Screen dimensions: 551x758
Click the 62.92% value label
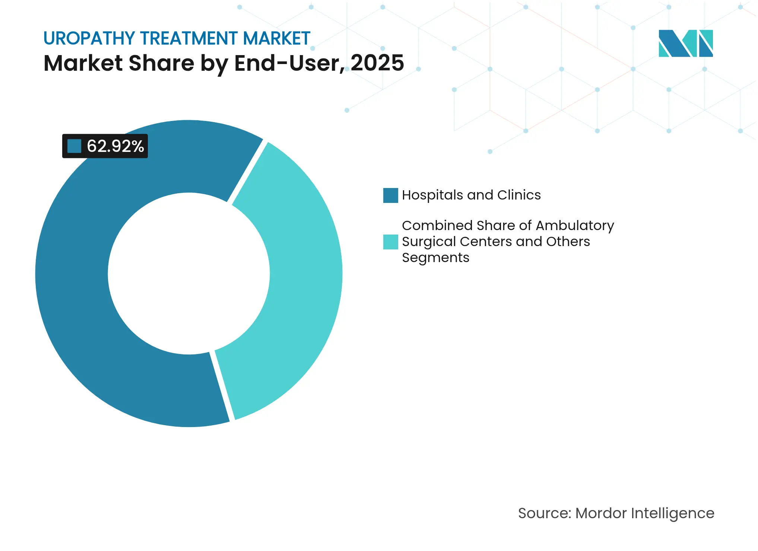[115, 146]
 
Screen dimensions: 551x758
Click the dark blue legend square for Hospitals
[390, 195]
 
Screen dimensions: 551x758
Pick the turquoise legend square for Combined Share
[390, 242]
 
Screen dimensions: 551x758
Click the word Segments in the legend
[435, 258]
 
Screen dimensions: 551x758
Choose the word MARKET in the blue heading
[276, 38]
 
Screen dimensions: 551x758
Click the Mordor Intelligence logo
[685, 43]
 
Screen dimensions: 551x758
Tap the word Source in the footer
[544, 513]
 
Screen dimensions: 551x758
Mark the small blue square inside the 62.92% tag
[74, 146]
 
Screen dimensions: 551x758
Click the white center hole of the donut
[188, 274]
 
